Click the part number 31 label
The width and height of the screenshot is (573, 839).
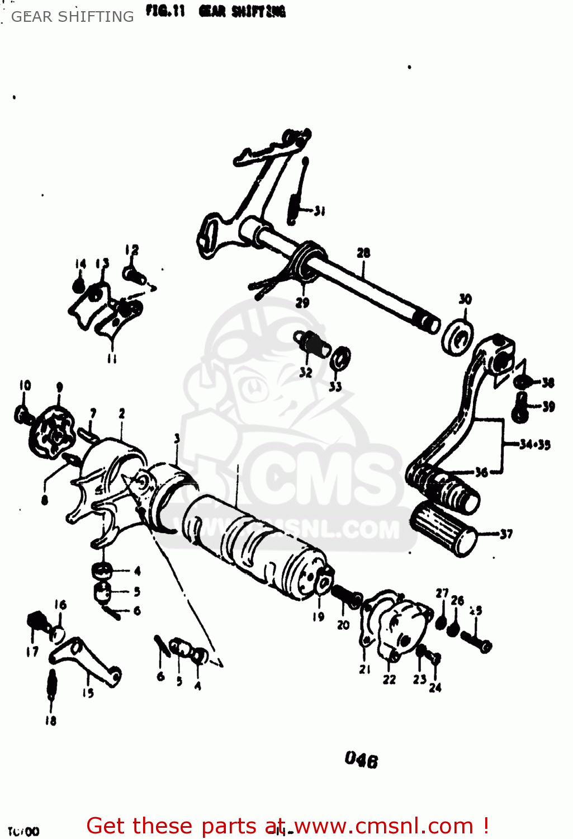coord(319,211)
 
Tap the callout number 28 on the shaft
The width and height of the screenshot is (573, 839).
coord(363,253)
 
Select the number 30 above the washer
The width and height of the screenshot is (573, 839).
coord(465,299)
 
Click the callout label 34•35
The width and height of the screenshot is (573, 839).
coord(534,445)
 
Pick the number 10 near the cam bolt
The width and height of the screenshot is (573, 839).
coord(25,385)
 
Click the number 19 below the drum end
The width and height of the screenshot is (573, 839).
coord(318,616)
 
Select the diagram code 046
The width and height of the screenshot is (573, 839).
coord(361,759)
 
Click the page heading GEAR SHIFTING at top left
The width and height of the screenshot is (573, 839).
coord(73,17)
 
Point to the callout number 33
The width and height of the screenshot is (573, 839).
coord(335,386)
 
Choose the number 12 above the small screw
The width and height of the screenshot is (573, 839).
coord(132,249)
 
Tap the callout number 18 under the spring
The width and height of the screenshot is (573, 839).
coord(51,720)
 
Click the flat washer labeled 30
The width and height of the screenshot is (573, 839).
coord(457,337)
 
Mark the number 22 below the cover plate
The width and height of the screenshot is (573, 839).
coord(389,680)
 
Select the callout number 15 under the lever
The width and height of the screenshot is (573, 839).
coord(88,693)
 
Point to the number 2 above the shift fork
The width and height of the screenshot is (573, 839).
coord(122,413)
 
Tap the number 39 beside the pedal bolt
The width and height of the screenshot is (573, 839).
coord(548,407)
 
